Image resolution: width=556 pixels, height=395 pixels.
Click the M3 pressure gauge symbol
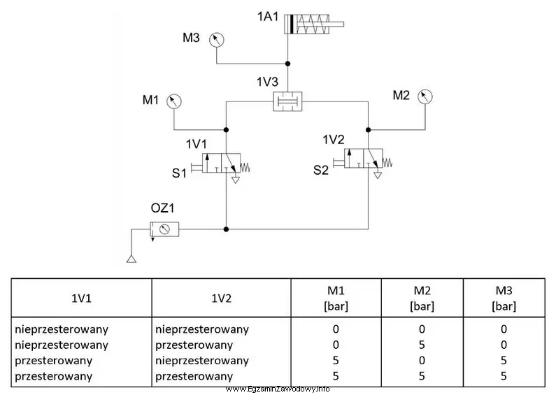click(216, 40)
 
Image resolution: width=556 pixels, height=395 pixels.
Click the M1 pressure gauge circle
click(173, 101)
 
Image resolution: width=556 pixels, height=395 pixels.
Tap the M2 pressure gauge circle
click(425, 96)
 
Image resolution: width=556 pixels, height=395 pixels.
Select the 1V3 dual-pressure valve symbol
click(287, 101)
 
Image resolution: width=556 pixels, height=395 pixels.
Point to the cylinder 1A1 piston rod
click(336, 24)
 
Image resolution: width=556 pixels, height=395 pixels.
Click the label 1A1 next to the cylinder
click(268, 16)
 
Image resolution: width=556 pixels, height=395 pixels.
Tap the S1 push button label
click(179, 173)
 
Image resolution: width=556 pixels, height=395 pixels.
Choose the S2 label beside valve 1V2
click(321, 170)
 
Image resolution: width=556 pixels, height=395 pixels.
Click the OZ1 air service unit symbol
click(164, 229)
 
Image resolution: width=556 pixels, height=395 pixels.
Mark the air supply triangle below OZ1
click(131, 259)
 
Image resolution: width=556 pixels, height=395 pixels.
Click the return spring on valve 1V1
click(245, 167)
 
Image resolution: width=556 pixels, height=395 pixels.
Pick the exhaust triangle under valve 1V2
click(378, 175)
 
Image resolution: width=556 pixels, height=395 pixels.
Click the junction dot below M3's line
click(287, 64)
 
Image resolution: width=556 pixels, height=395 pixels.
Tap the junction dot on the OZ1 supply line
click(226, 229)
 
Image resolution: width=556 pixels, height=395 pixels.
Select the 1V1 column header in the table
click(81, 299)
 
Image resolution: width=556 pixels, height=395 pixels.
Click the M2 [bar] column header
click(422, 299)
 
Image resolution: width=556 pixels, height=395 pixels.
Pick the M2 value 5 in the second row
click(422, 345)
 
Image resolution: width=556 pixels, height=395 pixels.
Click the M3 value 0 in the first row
click(504, 329)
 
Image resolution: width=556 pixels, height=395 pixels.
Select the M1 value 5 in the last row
click(336, 376)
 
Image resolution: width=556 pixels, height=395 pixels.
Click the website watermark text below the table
click(278, 389)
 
